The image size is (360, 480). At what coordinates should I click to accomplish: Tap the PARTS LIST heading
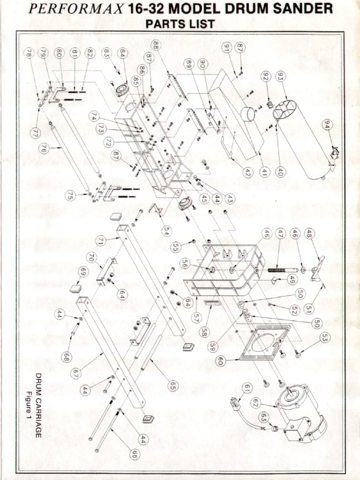pyautogui.click(x=180, y=23)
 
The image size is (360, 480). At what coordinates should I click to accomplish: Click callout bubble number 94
pyautogui.click(x=328, y=124)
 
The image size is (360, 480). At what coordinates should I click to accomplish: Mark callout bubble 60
pyautogui.click(x=220, y=360)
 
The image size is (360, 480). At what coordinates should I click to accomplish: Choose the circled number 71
pyautogui.click(x=100, y=241)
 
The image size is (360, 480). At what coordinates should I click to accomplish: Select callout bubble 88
pyautogui.click(x=156, y=45)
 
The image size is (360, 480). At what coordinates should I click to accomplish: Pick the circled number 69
pyautogui.click(x=83, y=271)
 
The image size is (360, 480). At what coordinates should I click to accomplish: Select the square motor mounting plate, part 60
pyautogui.click(x=265, y=342)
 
